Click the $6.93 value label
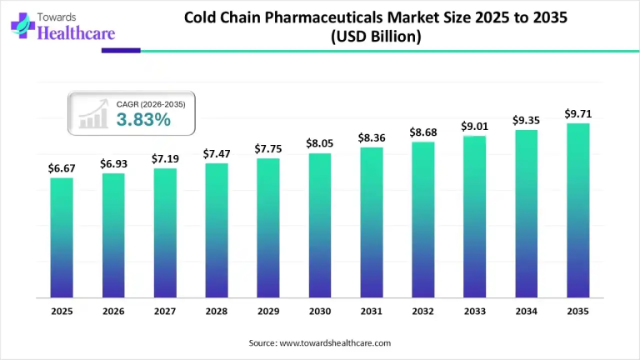(x=113, y=163)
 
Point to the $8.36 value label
(x=371, y=137)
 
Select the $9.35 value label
(x=526, y=120)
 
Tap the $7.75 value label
(x=267, y=148)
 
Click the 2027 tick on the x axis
(x=164, y=311)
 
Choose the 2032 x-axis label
(x=422, y=311)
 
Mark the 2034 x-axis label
(x=526, y=311)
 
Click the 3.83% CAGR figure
(x=143, y=119)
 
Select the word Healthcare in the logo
(x=75, y=34)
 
